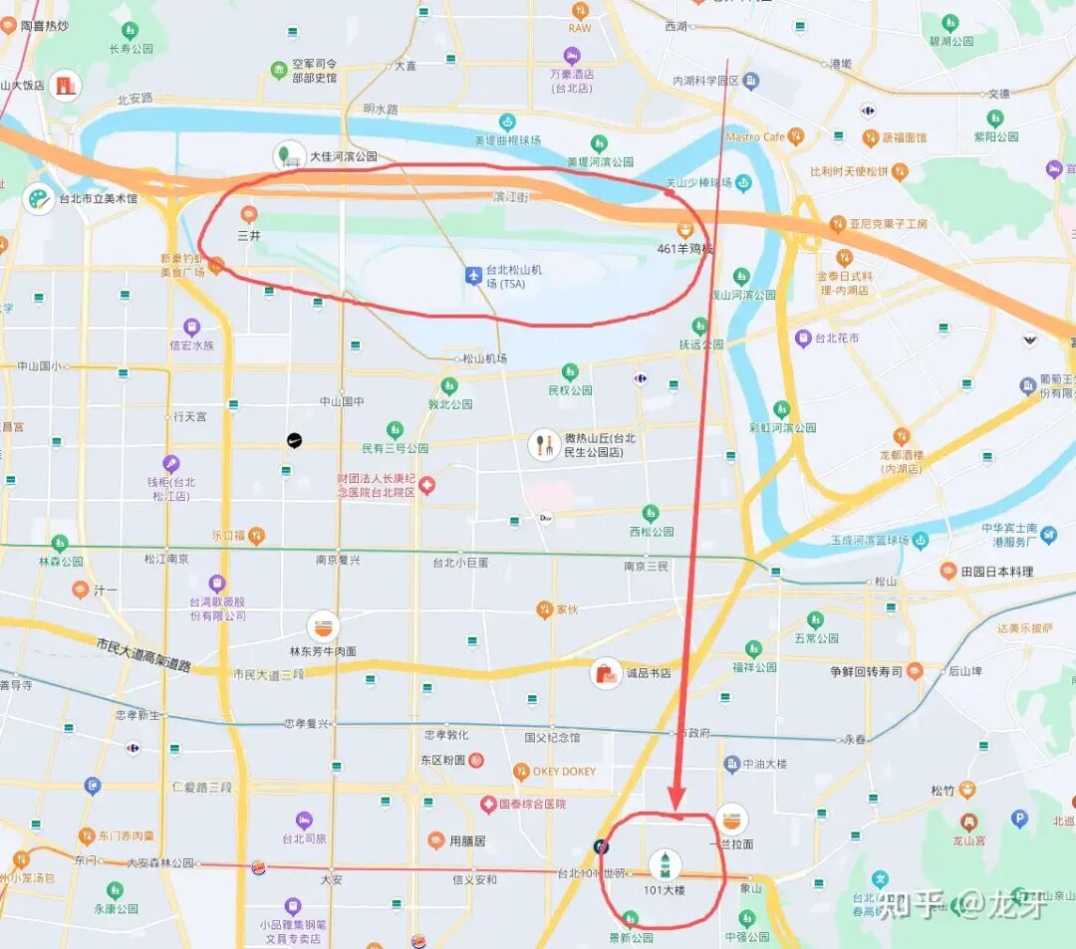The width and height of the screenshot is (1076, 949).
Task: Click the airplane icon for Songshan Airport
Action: [x=474, y=274]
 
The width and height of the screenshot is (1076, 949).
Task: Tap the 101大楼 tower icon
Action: [x=665, y=863]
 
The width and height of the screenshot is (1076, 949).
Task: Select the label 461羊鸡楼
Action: [x=685, y=248]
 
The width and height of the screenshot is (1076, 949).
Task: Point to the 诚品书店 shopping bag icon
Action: [x=606, y=673]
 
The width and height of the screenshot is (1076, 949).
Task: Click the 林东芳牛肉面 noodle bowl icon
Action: [x=323, y=626]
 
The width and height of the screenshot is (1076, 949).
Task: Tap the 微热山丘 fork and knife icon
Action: [x=544, y=444]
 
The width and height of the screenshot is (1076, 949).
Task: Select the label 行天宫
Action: [x=189, y=416]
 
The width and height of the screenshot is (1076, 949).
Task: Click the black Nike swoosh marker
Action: [x=294, y=440]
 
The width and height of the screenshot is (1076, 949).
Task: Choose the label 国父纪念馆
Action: [x=552, y=738]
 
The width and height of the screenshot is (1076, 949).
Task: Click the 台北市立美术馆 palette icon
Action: [x=39, y=198]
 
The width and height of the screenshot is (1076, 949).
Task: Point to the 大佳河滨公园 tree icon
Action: [x=289, y=155]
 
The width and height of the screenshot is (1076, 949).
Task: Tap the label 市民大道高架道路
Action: [x=144, y=656]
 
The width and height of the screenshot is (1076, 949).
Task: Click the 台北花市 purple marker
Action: [x=803, y=339]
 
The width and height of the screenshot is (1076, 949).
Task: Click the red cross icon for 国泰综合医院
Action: [x=488, y=804]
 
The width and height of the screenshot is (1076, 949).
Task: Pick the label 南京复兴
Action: [x=338, y=561]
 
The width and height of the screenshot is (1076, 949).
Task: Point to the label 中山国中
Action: [x=342, y=401]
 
